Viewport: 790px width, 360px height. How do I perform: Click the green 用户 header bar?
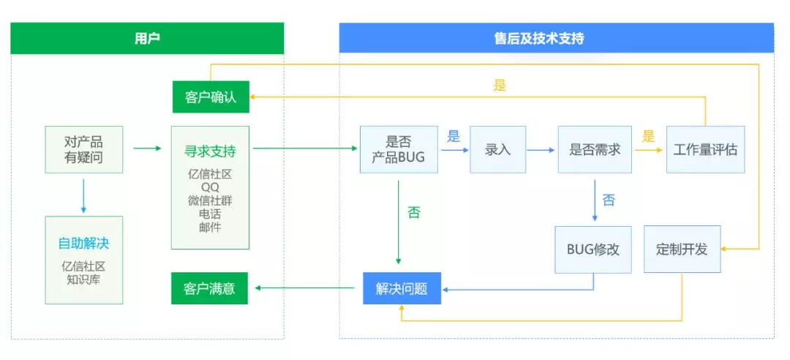coord(147,38)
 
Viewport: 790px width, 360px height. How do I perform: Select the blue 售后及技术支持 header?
coord(556,38)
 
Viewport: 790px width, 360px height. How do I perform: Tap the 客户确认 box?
coord(211,97)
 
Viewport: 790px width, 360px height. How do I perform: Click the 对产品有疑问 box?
coord(83,149)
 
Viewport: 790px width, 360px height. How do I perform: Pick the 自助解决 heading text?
coord(83,244)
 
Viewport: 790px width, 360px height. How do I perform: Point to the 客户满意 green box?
coord(210,288)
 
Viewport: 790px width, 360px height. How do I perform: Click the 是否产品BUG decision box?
coord(399,149)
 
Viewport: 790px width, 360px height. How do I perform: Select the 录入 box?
coord(497,149)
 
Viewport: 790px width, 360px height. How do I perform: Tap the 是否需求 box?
coord(594,149)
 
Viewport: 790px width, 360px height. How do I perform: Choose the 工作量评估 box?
coord(705,149)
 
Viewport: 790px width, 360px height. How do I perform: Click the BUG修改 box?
coord(592,250)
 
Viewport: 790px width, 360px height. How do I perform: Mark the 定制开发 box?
coord(682,250)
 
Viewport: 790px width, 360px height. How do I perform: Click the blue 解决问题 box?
coord(402,288)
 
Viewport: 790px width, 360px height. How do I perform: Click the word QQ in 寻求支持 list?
coord(210,188)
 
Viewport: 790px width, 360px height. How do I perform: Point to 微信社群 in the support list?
coord(210,201)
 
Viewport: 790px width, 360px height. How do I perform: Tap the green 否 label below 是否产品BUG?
coord(414,214)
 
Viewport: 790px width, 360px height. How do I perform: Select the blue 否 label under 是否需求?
coord(609,200)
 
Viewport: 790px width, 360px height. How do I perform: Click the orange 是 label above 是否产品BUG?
coord(500,86)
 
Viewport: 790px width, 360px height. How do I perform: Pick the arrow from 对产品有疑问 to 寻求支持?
coord(147,149)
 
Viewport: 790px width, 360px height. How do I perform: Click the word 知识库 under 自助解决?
coord(83,280)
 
